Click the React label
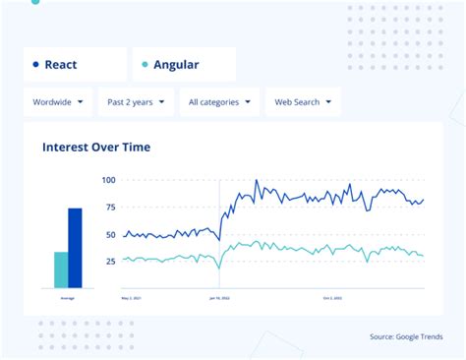61,65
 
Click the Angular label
176,65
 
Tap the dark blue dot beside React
35,65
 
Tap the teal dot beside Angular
145,65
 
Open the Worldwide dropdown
58,101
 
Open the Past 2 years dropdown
136,101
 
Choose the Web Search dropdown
303,101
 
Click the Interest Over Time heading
96,148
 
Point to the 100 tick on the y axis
108,180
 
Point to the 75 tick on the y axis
110,208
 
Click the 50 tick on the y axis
110,235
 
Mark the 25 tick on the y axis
110,262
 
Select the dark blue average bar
75,248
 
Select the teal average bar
61,270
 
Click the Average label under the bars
68,297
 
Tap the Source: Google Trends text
405,336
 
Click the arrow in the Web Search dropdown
327,101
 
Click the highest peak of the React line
257,181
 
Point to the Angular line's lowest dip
218,267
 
